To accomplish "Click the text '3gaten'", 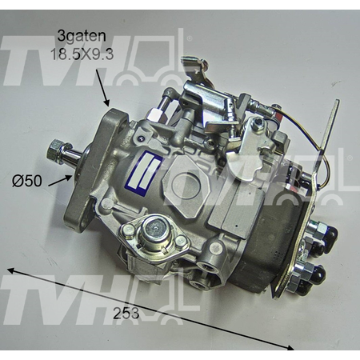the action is click(82, 36).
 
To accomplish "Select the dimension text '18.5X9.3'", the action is click(82, 54).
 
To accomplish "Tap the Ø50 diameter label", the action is click(27, 181).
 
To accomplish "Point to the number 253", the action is click(126, 313).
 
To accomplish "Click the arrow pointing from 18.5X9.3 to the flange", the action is click(102, 86).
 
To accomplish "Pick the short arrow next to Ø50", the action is click(60, 180).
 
